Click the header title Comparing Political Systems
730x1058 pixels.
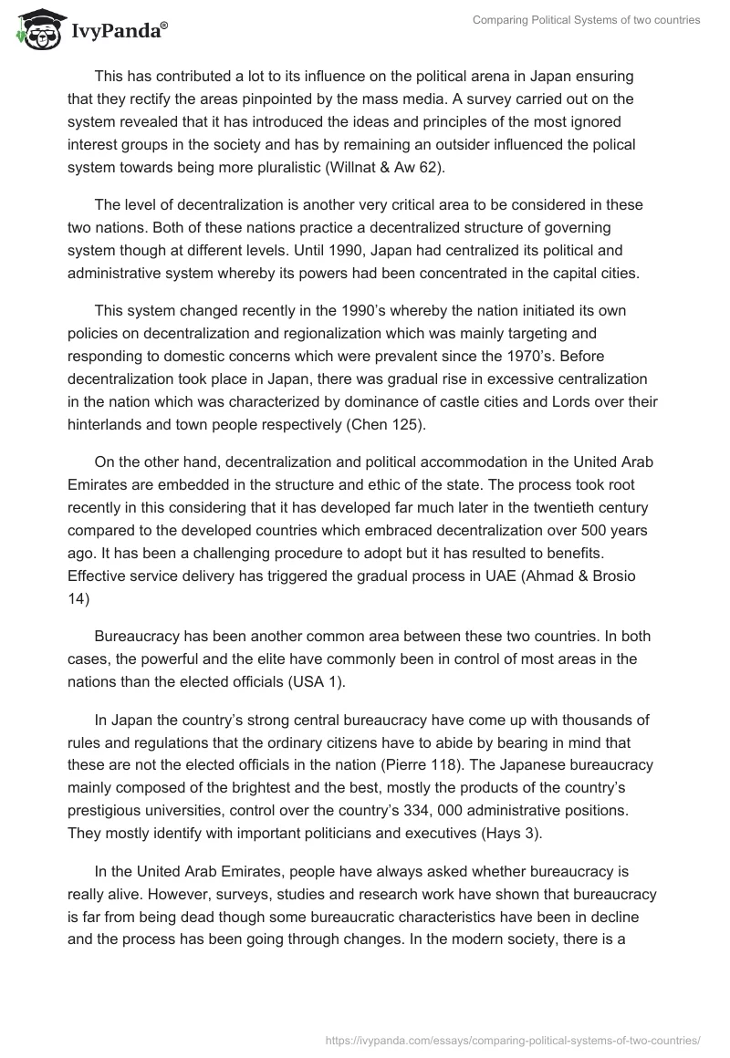point(586,20)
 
